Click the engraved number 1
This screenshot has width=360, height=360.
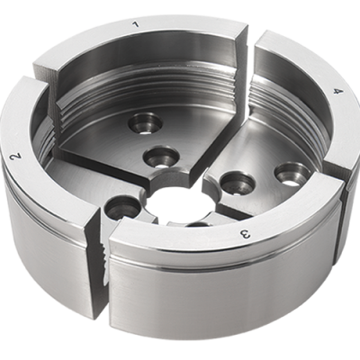coord(136,24)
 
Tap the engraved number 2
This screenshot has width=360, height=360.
coord(16,157)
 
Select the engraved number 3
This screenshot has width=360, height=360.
coord(245,233)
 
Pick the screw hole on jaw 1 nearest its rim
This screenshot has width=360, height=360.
coord(145,122)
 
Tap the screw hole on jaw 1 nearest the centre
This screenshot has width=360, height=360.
coord(161,157)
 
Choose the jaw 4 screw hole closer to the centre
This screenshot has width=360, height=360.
coord(237,184)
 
